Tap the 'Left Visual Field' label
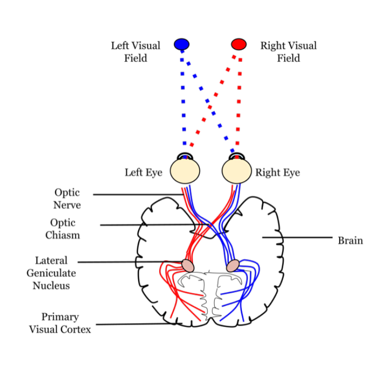pos(135,52)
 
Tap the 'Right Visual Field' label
pos(288,52)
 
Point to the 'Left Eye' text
pos(143,173)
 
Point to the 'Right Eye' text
pos(277,173)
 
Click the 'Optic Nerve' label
pos(67,199)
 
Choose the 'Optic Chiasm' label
pos(63,229)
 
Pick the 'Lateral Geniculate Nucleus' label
pos(51,273)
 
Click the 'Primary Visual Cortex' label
pos(60,323)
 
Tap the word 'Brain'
pos(351,241)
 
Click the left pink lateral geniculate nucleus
pos(188,265)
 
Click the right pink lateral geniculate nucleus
pos(233,266)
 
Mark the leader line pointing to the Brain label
pos(298,237)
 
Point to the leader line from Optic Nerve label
pos(135,194)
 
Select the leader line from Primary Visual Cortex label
pos(135,324)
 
